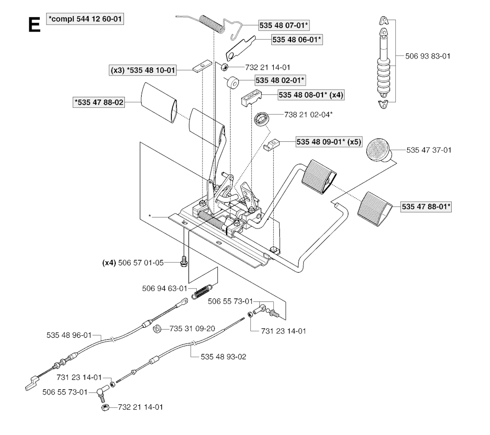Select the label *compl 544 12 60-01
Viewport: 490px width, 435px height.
pyautogui.click(x=88, y=19)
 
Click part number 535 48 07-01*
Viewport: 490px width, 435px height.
pyautogui.click(x=284, y=25)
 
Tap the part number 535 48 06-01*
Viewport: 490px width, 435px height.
pyautogui.click(x=297, y=40)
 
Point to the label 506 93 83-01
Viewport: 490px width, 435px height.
pyautogui.click(x=428, y=56)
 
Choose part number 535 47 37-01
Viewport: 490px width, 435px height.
pyautogui.click(x=429, y=150)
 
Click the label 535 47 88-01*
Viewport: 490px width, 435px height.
pyautogui.click(x=427, y=207)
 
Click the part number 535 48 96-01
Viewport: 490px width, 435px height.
pyautogui.click(x=69, y=335)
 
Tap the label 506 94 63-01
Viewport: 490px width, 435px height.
pyautogui.click(x=164, y=289)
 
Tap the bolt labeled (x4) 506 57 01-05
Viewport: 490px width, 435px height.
pyautogui.click(x=184, y=263)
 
